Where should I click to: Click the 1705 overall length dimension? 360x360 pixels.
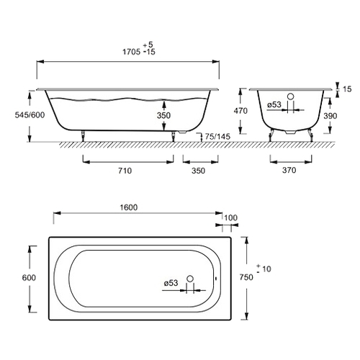coord(132,52)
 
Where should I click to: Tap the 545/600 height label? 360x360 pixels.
coord(30,115)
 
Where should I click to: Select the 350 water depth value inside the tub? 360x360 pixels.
coord(163,115)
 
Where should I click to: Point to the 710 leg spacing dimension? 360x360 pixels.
coord(125,171)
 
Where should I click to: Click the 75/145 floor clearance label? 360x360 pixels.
coord(217,137)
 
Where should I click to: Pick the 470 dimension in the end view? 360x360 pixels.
coord(240,111)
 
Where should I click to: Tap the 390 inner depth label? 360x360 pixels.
coord(330,116)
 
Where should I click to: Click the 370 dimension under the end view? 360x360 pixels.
coord(289,170)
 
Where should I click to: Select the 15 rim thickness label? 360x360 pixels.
coord(347,89)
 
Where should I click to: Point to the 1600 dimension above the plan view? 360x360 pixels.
coord(129,207)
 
